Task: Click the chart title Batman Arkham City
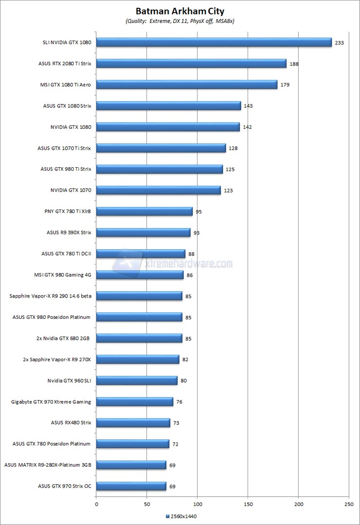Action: point(180,10)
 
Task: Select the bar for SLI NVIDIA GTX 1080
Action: point(214,42)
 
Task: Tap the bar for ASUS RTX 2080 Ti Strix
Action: point(191,64)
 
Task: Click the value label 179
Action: point(286,85)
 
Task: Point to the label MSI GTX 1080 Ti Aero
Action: point(66,85)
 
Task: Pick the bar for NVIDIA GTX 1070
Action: point(159,190)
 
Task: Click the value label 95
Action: point(198,211)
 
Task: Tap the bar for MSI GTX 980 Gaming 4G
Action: point(140,275)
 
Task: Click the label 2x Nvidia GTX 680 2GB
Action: point(66,338)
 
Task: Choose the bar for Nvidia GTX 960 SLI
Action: point(137,380)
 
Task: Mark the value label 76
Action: point(180,402)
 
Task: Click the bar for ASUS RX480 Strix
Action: point(133,422)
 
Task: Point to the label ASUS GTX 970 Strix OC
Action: point(64,486)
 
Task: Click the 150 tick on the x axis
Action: point(248,505)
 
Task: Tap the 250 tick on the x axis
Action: point(349,505)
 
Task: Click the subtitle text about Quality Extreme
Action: point(180,21)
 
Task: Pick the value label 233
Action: point(339,43)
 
